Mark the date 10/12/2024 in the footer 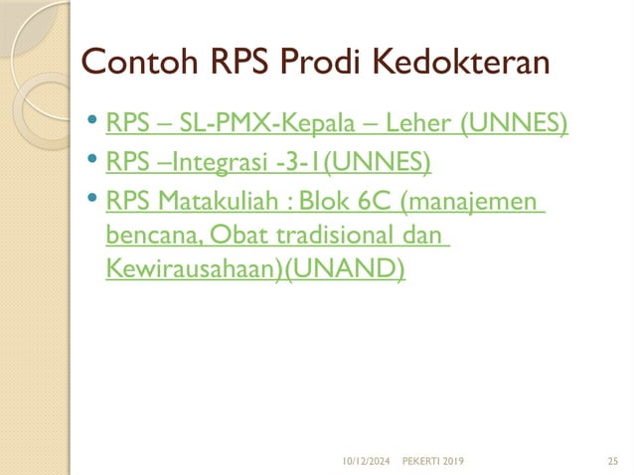point(366,461)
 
